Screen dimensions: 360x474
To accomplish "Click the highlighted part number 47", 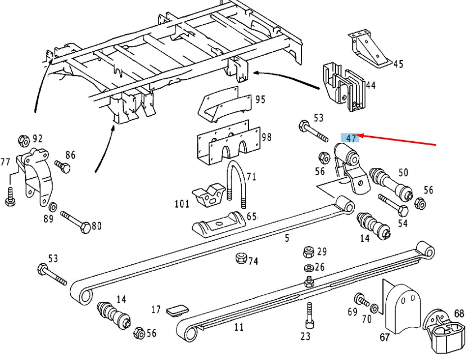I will coord(351,138).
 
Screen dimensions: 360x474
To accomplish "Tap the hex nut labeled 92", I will coord(23,140).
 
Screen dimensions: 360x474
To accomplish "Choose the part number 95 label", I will coord(260,100).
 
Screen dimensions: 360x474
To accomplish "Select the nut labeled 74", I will coord(238,259).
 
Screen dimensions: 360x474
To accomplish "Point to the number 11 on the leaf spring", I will coord(239,327).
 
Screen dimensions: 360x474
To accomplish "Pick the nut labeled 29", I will coord(308,251).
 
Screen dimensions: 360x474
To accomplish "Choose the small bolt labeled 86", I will coord(62,166).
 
